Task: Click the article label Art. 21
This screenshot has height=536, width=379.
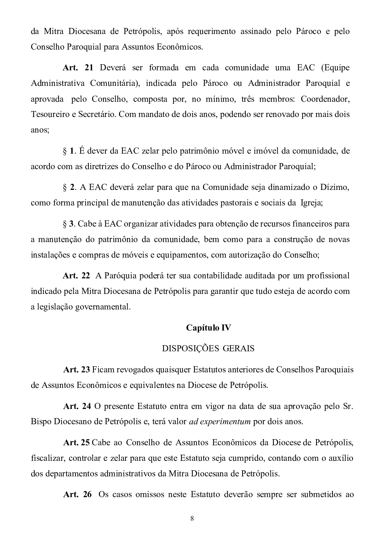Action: [78, 68]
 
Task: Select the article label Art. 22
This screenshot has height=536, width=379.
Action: [76, 276]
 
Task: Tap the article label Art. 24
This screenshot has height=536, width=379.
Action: [77, 406]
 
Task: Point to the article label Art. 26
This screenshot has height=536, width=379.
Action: [77, 495]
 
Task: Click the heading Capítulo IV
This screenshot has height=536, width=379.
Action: [208, 328]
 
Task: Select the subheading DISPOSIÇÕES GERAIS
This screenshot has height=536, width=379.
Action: [208, 349]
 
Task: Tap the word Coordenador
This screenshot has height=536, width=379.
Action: [325, 99]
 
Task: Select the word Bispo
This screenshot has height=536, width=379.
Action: [41, 422]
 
